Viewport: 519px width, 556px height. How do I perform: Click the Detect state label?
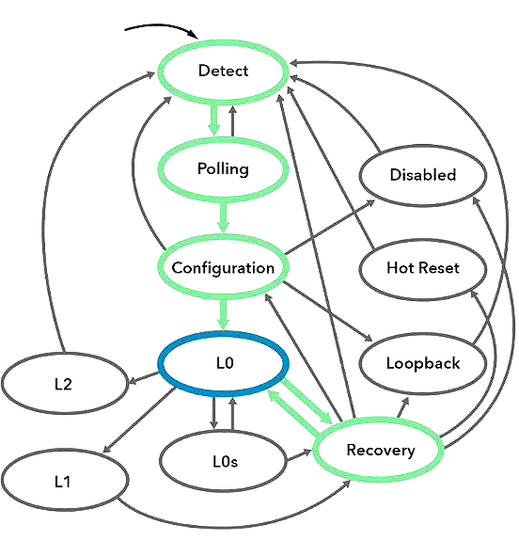(x=223, y=71)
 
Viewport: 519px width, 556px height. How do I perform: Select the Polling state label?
(x=223, y=168)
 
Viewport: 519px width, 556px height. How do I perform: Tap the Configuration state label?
(x=223, y=268)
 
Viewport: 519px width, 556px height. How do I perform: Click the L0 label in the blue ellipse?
(x=225, y=363)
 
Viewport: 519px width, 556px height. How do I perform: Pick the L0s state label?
(x=226, y=461)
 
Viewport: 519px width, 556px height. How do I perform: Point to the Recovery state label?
(x=381, y=450)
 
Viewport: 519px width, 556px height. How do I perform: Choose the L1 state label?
(x=63, y=482)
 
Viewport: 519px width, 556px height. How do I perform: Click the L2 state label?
(x=63, y=384)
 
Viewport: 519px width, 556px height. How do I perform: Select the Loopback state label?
(x=423, y=363)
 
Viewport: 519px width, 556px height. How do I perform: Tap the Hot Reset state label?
(x=423, y=268)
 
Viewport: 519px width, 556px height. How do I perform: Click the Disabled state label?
(x=423, y=175)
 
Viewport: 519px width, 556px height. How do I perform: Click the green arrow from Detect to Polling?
(x=213, y=119)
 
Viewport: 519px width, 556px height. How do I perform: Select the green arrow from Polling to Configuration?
(x=223, y=216)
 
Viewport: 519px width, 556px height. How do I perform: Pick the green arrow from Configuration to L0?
(x=223, y=314)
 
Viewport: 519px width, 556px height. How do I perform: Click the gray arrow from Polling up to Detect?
(x=233, y=120)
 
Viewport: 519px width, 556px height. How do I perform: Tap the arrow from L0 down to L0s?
(x=213, y=413)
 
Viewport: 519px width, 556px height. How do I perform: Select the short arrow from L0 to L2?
(x=144, y=378)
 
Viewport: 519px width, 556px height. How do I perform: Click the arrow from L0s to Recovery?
(x=299, y=455)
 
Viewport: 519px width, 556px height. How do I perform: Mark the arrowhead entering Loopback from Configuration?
(x=369, y=338)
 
